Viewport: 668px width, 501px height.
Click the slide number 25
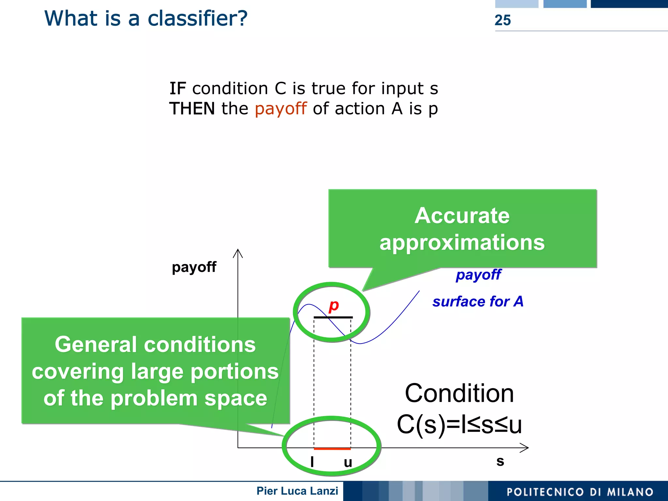502,20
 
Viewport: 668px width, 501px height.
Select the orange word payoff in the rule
281,109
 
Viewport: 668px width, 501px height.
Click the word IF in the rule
177,89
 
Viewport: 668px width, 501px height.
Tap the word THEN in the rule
192,109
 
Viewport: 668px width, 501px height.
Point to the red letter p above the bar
334,306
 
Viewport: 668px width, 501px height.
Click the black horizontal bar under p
333,317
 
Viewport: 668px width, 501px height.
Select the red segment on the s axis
332,449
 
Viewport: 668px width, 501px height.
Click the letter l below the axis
312,462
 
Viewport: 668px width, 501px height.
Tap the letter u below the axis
348,463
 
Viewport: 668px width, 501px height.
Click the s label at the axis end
500,461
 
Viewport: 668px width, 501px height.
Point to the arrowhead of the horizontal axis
525,448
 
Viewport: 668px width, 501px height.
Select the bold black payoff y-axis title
194,267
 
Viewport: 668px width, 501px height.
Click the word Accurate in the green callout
462,216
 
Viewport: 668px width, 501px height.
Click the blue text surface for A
478,302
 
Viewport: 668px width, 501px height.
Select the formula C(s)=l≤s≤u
459,425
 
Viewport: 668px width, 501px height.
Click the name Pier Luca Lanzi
297,491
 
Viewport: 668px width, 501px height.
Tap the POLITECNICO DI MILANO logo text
580,492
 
